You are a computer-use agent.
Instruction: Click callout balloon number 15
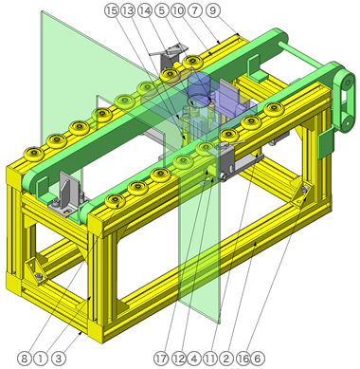point(112,10)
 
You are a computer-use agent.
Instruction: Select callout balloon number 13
point(128,10)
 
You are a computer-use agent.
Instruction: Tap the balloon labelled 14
point(145,10)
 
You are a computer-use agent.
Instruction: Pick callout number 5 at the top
point(162,10)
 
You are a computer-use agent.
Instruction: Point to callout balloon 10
point(178,10)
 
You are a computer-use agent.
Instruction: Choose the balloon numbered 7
point(195,10)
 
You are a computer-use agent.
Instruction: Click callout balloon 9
point(212,10)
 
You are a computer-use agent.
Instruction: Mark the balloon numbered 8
point(24,359)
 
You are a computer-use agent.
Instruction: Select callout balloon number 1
point(41,359)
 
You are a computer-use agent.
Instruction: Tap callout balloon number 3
point(58,359)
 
